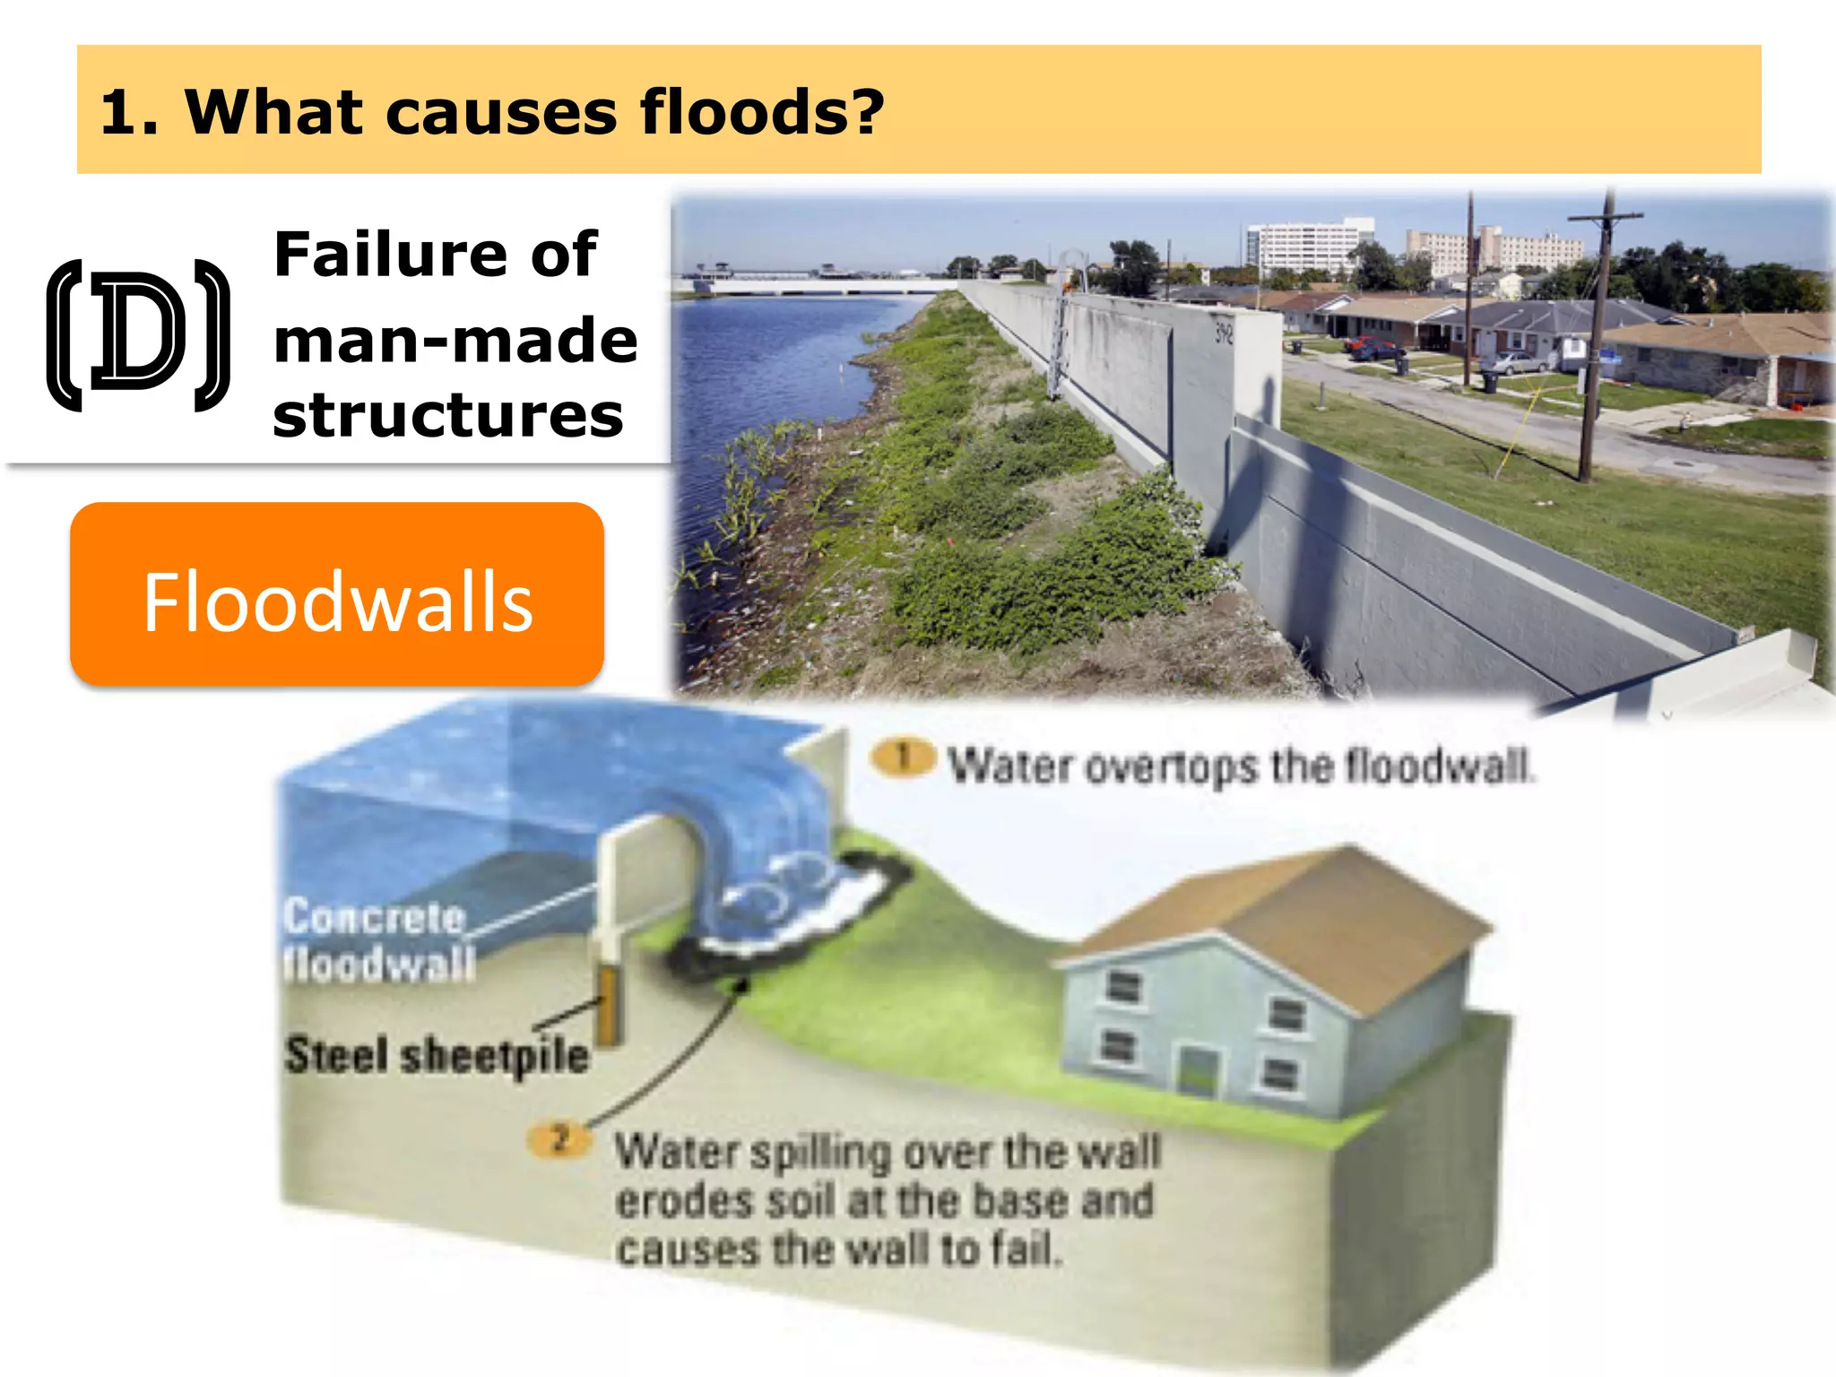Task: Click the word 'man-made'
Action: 455,341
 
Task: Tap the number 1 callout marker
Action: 904,758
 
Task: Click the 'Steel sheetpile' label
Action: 437,1055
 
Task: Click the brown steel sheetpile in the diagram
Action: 609,1008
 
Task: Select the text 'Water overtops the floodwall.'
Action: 1242,766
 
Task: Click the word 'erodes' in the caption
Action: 682,1201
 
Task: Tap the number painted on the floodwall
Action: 1225,334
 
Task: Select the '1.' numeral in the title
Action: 129,114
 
